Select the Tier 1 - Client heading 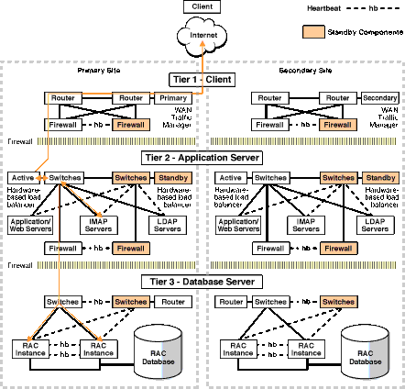click(x=202, y=80)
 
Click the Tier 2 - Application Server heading click(x=202, y=157)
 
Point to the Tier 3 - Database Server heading click(x=202, y=281)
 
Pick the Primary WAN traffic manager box click(x=174, y=97)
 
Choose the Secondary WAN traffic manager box click(x=378, y=97)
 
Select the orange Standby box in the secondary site click(x=378, y=176)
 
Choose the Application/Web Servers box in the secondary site click(x=236, y=223)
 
